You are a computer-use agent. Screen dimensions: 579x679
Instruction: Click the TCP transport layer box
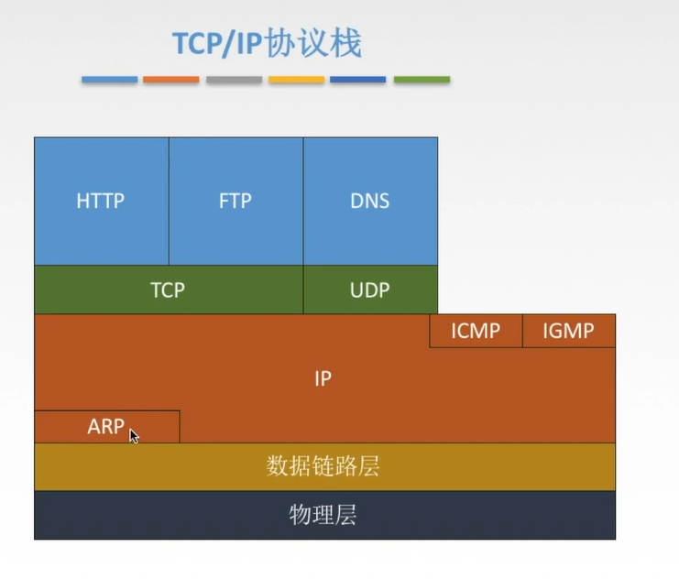pos(168,289)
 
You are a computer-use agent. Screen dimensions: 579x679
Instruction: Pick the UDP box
pos(370,289)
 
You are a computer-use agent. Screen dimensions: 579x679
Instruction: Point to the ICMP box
pos(476,331)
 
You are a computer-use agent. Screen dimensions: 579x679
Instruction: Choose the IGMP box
pos(568,331)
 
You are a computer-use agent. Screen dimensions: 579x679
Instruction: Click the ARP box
pos(106,427)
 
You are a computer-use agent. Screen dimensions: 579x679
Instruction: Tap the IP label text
pos(323,378)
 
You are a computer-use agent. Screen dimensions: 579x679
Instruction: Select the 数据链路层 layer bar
pos(323,466)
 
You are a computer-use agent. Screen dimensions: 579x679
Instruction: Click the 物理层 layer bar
pos(323,515)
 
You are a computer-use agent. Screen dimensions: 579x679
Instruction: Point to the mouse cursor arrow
pos(134,436)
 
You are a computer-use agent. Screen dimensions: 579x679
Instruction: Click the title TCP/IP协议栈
pos(267,43)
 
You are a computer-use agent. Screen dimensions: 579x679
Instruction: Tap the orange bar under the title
pos(171,80)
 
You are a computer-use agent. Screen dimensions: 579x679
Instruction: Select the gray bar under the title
pos(234,80)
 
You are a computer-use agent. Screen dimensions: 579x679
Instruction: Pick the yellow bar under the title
pos(296,80)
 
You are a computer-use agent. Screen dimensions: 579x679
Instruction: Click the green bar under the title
pos(422,80)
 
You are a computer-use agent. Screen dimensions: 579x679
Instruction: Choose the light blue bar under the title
pos(109,80)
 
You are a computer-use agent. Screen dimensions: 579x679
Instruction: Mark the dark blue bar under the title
pos(358,80)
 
